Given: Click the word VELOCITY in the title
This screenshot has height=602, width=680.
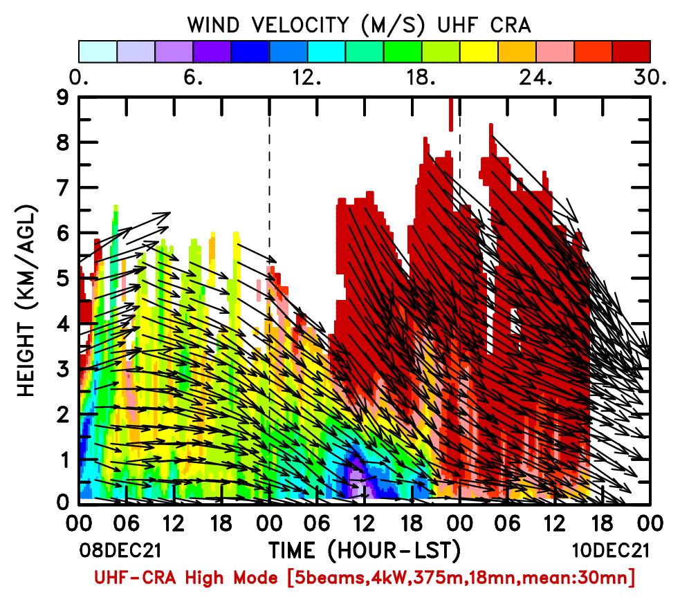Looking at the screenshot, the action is click(300, 25).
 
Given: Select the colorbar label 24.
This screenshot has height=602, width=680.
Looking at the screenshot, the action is click(536, 78).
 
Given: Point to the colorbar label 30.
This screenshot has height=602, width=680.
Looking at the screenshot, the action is click(650, 78).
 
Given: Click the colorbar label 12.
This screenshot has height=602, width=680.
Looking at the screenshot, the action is click(306, 78).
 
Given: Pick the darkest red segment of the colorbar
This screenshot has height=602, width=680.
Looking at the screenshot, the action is click(631, 52).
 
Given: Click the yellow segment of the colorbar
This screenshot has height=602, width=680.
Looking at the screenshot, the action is click(479, 52).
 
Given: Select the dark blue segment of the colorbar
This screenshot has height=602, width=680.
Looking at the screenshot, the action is click(250, 52).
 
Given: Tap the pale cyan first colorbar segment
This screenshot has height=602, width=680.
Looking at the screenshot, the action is click(98, 52).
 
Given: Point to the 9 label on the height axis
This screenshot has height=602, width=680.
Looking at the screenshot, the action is click(63, 98).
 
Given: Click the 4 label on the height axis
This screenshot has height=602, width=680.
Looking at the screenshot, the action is click(63, 323).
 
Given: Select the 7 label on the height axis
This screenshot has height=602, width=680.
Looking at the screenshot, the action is click(63, 188).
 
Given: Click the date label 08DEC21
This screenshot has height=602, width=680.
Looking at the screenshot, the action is click(120, 551).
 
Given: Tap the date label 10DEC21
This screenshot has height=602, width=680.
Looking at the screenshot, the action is click(611, 551).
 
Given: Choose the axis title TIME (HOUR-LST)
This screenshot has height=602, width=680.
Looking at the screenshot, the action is click(365, 551).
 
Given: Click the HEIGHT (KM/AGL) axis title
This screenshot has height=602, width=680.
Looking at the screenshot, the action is click(26, 301).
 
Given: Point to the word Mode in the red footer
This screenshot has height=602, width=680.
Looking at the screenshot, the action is click(256, 578).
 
